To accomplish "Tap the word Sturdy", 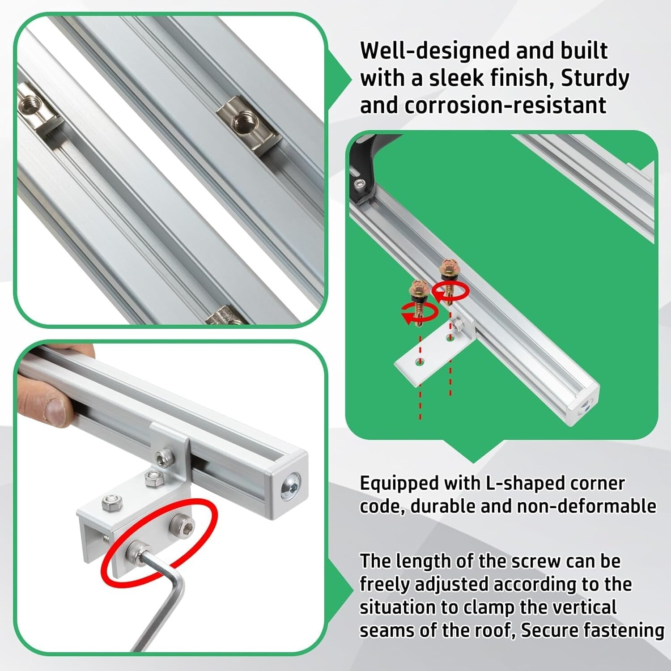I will click(x=595, y=78).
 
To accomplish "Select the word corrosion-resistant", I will click(x=505, y=106).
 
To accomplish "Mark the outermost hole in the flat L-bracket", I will click(x=419, y=362).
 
